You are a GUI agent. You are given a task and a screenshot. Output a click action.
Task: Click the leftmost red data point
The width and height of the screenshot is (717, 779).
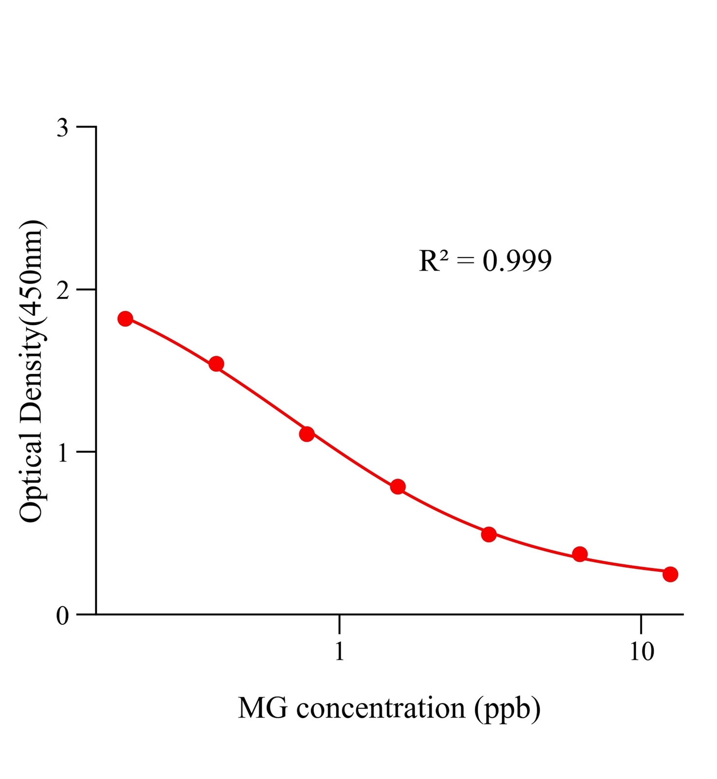[125, 319]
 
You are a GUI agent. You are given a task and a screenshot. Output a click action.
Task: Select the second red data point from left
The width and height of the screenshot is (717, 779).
[216, 364]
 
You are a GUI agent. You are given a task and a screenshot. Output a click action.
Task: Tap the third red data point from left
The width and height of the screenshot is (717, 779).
[307, 434]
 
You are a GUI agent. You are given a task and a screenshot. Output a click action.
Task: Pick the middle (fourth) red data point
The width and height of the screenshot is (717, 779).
[398, 487]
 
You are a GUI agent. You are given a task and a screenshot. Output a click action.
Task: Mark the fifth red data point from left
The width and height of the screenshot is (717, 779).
[489, 534]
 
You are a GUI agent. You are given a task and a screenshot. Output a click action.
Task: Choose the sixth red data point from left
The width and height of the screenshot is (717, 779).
[580, 554]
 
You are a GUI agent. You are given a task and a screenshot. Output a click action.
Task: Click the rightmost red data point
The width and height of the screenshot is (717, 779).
[670, 574]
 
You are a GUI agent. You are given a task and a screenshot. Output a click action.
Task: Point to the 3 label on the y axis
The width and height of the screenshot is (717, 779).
[63, 128]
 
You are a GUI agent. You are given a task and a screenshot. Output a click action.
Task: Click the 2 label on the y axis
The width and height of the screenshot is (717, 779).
[63, 291]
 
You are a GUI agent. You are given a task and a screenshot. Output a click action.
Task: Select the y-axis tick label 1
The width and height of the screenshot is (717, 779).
[63, 453]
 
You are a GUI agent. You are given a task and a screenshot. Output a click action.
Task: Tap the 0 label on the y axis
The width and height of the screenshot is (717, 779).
[63, 616]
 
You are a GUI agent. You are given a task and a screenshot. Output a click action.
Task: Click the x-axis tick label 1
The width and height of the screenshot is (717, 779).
[340, 651]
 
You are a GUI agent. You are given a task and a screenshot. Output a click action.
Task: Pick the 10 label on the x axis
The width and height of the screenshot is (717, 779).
[642, 651]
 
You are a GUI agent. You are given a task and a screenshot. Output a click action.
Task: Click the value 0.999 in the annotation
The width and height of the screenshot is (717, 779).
[517, 261]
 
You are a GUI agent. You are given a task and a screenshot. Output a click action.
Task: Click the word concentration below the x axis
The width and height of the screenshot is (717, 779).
[380, 708]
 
